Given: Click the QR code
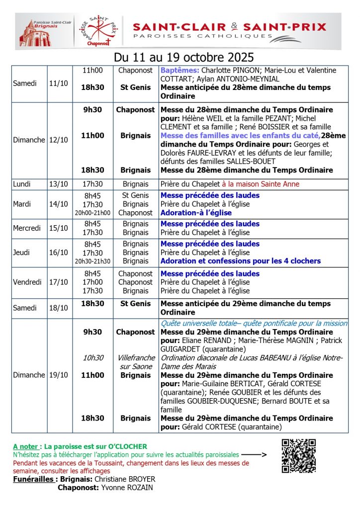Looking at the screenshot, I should coord(299,455).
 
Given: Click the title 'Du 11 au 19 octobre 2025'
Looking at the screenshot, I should coord(184,56).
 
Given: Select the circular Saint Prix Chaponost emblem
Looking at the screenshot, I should coord(98,31).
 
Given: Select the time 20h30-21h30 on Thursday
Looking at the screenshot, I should coord(92,261).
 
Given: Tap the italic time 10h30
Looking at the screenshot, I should coord(93,358).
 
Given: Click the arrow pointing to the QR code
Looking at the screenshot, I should coord(254,454).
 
